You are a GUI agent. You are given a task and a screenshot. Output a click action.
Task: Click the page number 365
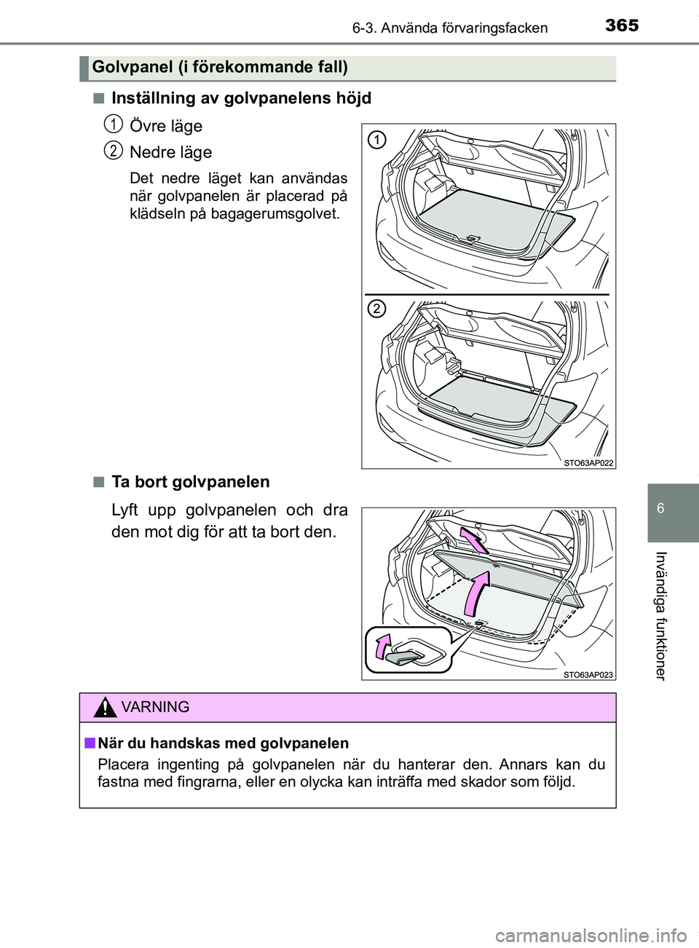(x=622, y=25)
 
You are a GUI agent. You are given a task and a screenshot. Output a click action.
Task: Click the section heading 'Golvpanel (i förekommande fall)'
(x=220, y=68)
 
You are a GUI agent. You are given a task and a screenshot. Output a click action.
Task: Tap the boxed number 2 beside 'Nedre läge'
(x=112, y=150)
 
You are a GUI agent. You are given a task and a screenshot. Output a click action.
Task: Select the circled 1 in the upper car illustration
(x=376, y=140)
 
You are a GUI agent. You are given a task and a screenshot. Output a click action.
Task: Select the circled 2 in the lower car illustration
(x=376, y=309)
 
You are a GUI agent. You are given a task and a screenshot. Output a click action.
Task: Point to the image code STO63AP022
(x=588, y=462)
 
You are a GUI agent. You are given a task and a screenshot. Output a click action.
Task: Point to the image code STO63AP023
(x=588, y=674)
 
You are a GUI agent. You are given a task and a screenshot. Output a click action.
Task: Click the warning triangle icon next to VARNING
(x=106, y=707)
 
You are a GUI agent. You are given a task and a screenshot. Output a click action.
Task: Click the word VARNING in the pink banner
(x=155, y=707)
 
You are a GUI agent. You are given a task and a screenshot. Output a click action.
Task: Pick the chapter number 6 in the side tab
(x=660, y=508)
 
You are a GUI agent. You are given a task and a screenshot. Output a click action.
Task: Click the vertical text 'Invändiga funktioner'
(x=660, y=615)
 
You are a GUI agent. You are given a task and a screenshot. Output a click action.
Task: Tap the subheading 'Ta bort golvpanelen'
(x=190, y=482)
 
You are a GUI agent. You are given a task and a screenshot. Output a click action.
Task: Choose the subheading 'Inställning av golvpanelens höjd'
(x=241, y=98)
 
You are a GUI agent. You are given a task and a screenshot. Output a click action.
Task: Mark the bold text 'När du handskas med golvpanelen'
(x=223, y=743)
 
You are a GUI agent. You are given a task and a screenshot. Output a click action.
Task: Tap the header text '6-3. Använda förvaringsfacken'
(x=449, y=28)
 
